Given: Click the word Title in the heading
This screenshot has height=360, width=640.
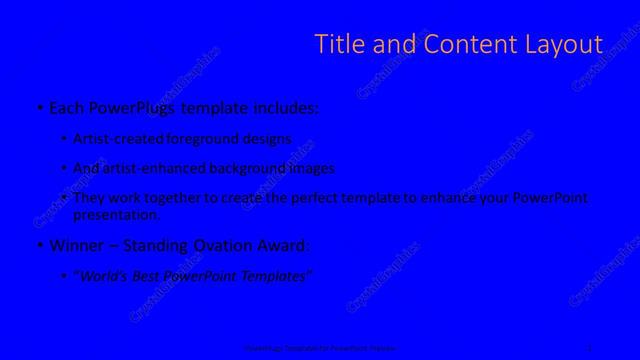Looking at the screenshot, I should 337,44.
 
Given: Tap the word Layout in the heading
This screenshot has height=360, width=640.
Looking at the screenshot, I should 562,44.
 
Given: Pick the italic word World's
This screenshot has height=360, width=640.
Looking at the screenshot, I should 106,276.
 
